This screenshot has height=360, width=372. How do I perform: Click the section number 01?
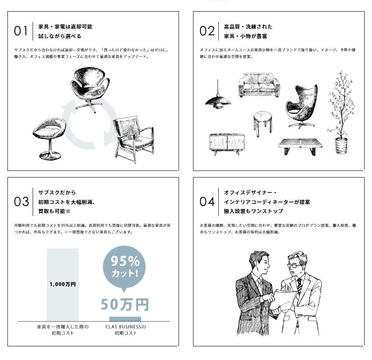[21, 31]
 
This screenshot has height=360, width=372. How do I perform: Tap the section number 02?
[207, 31]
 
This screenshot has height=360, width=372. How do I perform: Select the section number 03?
[21, 202]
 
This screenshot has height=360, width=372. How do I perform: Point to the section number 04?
[207, 202]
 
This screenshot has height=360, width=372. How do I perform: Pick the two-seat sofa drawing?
[259, 85]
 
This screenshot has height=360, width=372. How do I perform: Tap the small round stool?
[262, 123]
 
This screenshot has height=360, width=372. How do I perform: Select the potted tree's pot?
[341, 145]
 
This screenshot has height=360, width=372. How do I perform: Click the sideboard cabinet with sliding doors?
[227, 144]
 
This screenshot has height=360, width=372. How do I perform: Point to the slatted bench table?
[300, 147]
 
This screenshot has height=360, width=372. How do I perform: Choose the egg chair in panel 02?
[302, 106]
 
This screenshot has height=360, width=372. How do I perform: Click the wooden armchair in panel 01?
[134, 139]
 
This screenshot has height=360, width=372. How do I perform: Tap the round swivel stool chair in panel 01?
[49, 138]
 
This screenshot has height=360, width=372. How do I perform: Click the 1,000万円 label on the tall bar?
[63, 284]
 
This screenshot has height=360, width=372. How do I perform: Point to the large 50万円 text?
[125, 305]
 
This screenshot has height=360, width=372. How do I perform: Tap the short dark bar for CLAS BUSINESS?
[125, 319]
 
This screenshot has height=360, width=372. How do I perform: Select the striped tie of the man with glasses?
[299, 287]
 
